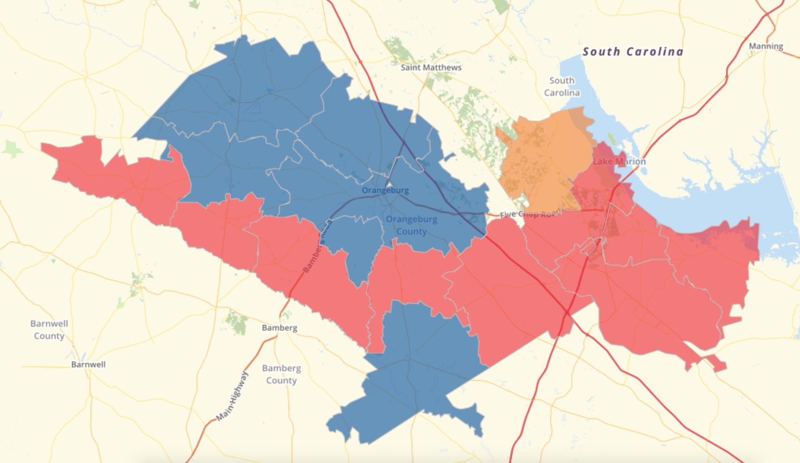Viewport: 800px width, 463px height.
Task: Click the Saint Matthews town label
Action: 431,68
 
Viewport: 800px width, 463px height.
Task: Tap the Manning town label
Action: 766,46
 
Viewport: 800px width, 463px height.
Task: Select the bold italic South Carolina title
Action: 633,51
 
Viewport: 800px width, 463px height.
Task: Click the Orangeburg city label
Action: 385,190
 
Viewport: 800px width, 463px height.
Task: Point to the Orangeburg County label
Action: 411,225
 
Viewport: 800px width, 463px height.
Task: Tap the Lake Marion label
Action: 619,162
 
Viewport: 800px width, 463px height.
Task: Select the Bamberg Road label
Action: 317,246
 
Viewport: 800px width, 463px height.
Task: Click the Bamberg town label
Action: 279,328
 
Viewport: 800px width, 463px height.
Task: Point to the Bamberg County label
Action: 281,374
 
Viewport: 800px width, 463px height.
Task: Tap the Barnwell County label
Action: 49,330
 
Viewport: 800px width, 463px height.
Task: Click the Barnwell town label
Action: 88,364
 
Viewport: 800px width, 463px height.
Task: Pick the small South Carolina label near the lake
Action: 561,87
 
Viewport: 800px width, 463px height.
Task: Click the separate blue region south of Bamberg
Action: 412,370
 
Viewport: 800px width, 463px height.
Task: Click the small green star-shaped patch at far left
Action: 13,149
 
